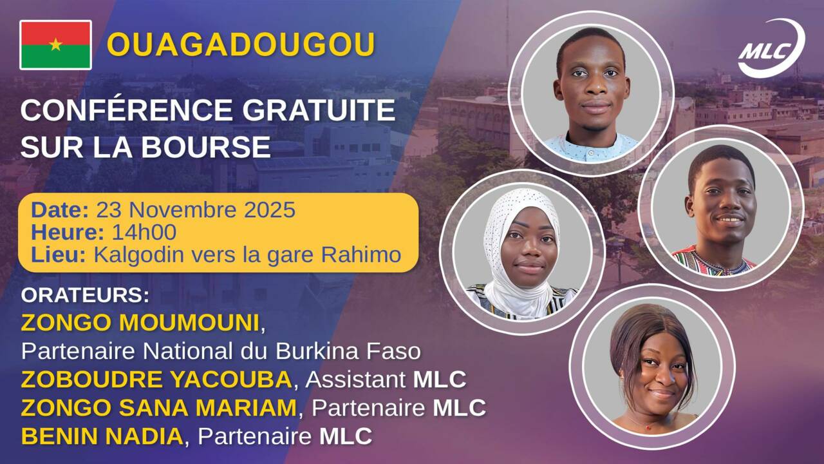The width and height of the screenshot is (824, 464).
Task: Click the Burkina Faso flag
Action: coord(55,44)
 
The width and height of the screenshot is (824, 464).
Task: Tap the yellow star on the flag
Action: coord(55,44)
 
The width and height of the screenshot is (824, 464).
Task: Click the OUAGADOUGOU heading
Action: coord(241,44)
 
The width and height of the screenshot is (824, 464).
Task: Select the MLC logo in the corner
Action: coord(770,48)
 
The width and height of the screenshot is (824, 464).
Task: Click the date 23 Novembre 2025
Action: coord(195,210)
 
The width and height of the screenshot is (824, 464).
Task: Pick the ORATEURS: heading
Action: coord(85,296)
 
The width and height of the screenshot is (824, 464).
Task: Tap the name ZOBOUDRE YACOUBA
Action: coord(156,380)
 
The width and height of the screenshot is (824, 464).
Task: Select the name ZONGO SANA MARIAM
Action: coord(159,408)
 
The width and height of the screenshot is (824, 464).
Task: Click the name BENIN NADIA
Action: coord(102,436)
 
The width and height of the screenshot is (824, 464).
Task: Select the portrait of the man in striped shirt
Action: coord(720,206)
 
